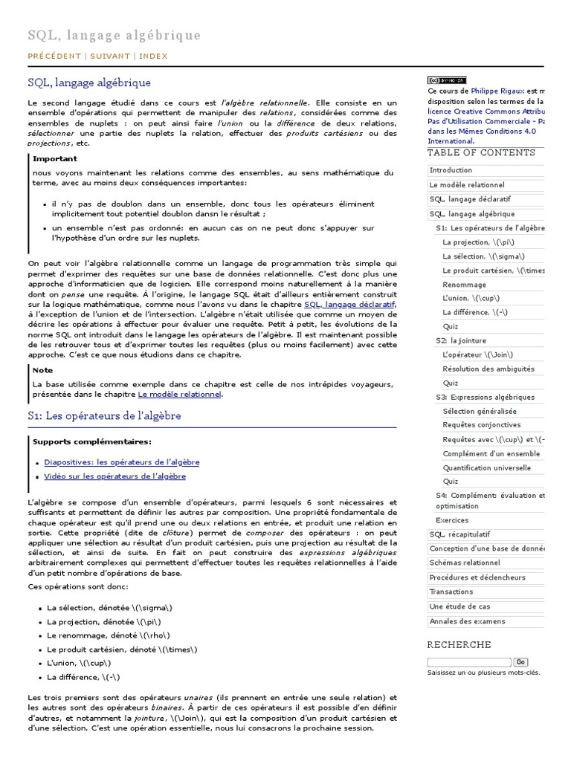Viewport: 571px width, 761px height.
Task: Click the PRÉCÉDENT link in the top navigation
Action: click(x=54, y=56)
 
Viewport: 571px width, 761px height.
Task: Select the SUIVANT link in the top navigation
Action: click(x=111, y=56)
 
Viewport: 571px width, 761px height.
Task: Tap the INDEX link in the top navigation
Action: click(x=153, y=56)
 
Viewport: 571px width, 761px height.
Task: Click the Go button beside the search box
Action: click(x=520, y=662)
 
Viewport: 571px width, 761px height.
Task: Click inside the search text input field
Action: click(x=469, y=662)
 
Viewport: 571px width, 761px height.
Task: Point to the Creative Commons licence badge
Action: click(x=447, y=80)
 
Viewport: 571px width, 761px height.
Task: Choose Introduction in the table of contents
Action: click(x=451, y=170)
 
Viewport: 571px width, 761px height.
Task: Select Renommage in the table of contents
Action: click(x=464, y=285)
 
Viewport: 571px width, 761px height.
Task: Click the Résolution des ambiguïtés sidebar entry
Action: click(x=488, y=369)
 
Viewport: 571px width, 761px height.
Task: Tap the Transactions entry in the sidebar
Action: click(x=451, y=592)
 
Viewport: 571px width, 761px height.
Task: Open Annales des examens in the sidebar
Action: click(x=467, y=621)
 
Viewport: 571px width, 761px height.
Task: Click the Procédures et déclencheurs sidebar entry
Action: click(x=477, y=577)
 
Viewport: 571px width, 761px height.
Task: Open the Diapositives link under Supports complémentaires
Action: click(x=121, y=462)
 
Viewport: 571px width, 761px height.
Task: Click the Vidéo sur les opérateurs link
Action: click(x=114, y=476)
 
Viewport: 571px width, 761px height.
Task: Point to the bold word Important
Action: click(x=55, y=158)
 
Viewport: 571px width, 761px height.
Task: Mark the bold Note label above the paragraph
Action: click(x=43, y=369)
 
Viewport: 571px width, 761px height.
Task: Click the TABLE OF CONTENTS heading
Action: click(x=481, y=153)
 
